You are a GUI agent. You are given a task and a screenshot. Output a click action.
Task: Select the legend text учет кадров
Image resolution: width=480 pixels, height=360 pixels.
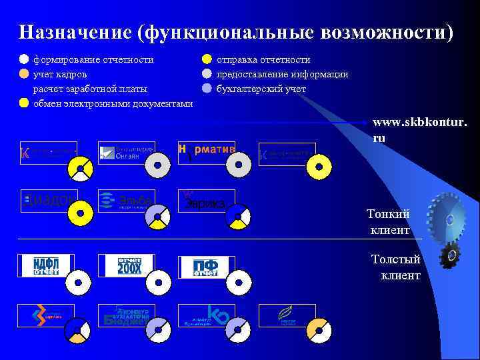coord(60,74)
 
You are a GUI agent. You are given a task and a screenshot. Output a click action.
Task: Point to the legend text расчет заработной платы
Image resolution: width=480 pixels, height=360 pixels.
coord(91,88)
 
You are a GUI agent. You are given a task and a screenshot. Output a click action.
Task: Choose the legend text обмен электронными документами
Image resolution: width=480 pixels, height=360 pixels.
coord(113,103)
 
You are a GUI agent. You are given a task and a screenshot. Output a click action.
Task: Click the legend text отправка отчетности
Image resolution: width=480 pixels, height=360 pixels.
coord(263,60)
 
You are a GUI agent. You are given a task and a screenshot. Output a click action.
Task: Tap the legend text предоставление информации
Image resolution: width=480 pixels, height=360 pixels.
coord(282,74)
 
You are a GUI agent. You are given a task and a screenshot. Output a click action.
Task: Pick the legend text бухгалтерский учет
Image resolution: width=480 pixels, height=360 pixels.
coord(261,88)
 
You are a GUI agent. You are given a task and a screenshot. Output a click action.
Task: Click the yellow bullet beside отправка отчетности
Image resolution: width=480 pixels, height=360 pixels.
coord(207,60)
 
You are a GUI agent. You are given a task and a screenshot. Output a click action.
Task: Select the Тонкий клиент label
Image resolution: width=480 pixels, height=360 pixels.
coord(389,222)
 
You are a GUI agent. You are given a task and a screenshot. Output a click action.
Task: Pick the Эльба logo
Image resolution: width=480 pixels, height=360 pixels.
coord(126,200)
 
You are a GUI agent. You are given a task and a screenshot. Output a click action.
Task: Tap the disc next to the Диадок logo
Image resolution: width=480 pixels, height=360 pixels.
coord(81,213)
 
